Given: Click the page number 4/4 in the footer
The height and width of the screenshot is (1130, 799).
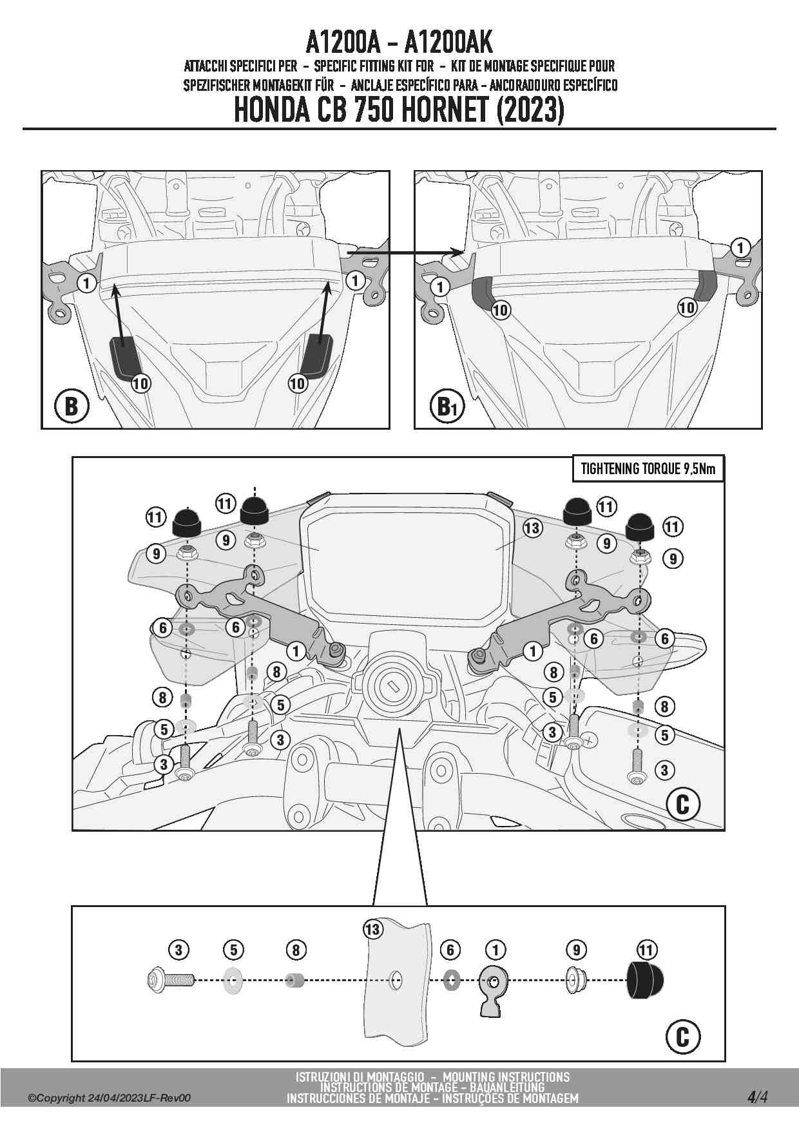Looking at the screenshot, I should coord(757,1096).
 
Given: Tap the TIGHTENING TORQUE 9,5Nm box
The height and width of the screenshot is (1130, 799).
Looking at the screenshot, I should coord(648,469).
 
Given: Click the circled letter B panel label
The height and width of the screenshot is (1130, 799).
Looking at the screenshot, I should coord(71,406).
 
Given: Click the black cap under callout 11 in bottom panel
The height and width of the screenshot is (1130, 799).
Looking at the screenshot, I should coord(645,980).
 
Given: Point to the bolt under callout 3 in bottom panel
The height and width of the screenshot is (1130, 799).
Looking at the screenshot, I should coord(170,981).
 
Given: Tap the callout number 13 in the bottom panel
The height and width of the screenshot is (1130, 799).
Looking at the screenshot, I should coord(372,929).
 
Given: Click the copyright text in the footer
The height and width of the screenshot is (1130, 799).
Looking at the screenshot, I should coord(109,1098).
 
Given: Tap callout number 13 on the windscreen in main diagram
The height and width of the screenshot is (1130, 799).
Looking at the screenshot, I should coord(532,528).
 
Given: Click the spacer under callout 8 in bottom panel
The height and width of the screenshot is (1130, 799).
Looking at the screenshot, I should coord(295,981).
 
